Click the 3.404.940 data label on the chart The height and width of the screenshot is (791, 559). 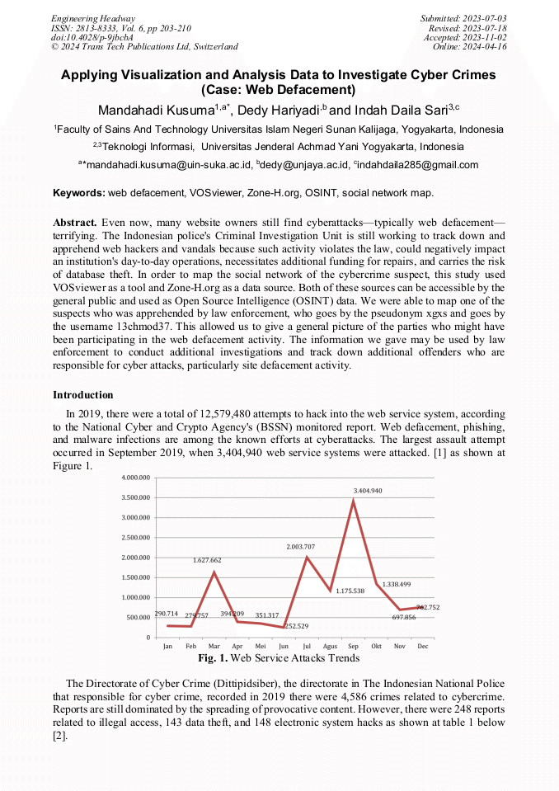[x=368, y=491]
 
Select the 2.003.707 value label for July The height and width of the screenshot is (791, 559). [x=300, y=548]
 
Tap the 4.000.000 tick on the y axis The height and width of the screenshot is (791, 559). [x=135, y=478]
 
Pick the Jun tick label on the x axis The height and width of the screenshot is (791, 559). [x=284, y=647]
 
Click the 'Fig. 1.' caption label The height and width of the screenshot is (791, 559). [x=213, y=658]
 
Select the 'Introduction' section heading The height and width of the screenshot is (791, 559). [x=83, y=395]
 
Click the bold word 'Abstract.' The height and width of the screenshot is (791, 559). [x=76, y=223]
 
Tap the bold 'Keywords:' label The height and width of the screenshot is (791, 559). [x=79, y=193]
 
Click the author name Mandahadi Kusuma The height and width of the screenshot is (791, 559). [x=156, y=110]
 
